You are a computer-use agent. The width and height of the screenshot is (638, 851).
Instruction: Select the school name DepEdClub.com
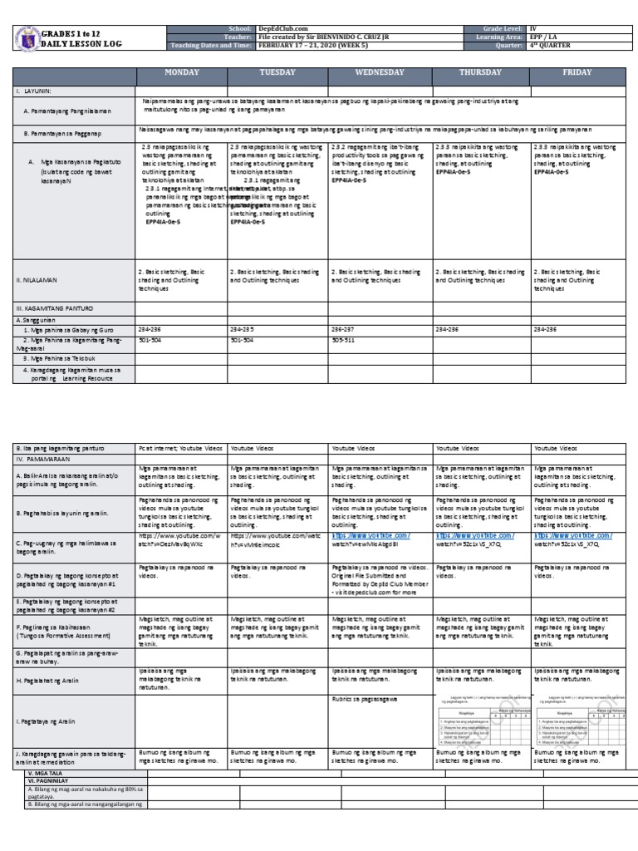(280, 28)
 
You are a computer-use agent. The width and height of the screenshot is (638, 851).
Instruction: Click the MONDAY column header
(182, 73)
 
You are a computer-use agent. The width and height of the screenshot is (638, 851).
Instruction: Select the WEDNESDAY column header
(380, 73)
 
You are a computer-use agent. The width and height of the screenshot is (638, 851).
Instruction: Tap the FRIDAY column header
(577, 73)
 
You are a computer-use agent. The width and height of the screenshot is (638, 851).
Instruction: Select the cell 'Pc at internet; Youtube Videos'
(180, 448)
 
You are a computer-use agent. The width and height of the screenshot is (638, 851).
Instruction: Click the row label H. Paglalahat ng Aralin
(52, 680)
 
